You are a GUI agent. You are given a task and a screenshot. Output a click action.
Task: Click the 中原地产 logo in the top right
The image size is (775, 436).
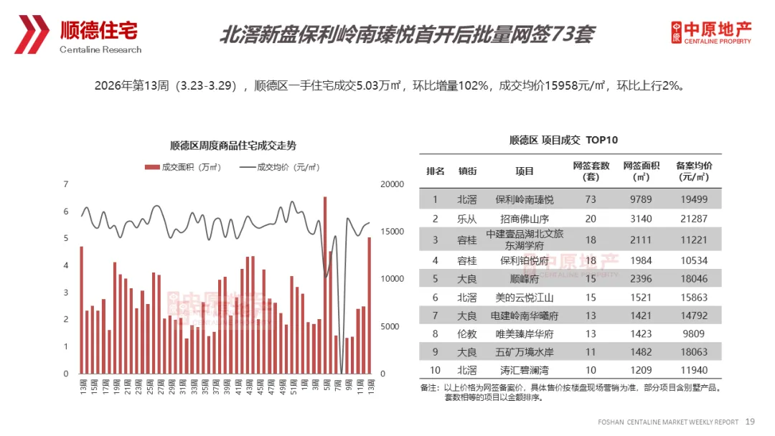click(x=711, y=32)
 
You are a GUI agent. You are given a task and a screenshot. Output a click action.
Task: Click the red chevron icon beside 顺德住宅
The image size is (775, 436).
click(x=32, y=34)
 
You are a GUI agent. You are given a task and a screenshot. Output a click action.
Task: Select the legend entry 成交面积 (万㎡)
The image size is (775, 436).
click(x=182, y=167)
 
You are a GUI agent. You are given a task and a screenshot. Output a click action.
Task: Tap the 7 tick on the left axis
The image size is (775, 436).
click(x=66, y=184)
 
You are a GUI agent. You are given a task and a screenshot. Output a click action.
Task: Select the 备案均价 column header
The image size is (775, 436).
click(x=694, y=171)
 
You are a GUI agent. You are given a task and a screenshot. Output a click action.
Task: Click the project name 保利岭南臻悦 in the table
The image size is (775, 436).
click(x=525, y=199)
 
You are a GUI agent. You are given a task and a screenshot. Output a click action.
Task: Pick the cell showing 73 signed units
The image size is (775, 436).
click(x=591, y=199)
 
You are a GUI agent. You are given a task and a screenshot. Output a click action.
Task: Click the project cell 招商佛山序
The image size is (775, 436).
click(x=525, y=219)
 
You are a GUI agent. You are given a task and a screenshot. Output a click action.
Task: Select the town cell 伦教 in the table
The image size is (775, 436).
click(x=467, y=333)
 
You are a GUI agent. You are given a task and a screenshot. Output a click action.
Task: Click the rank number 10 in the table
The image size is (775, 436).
click(x=435, y=371)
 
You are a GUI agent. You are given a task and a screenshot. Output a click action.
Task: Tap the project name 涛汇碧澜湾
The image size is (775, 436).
click(x=525, y=371)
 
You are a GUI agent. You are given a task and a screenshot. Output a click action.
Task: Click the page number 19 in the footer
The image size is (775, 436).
click(x=751, y=421)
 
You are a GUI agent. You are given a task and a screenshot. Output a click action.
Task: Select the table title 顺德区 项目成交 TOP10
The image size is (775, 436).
click(x=563, y=140)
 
